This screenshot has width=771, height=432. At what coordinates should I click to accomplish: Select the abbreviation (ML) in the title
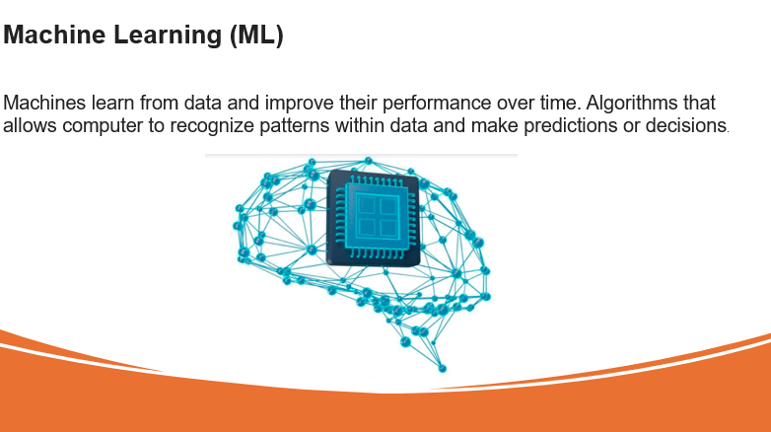(256, 35)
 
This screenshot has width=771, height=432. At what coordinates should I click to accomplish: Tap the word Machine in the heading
(54, 35)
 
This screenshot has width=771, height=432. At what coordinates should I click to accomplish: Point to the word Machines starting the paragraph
(44, 103)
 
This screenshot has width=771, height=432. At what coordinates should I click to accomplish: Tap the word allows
(30, 125)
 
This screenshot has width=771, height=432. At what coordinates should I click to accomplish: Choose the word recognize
(212, 127)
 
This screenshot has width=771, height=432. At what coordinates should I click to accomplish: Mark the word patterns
(295, 127)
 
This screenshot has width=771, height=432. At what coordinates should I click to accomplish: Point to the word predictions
(571, 127)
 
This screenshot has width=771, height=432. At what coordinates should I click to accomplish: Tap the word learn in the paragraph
(113, 103)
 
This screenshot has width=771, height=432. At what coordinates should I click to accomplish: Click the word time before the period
(561, 103)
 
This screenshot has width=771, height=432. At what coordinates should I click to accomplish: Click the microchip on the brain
(374, 218)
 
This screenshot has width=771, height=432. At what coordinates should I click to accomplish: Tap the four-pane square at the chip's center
(378, 216)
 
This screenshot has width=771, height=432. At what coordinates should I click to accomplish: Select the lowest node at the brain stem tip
(442, 368)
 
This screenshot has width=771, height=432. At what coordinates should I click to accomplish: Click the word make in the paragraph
(495, 125)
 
